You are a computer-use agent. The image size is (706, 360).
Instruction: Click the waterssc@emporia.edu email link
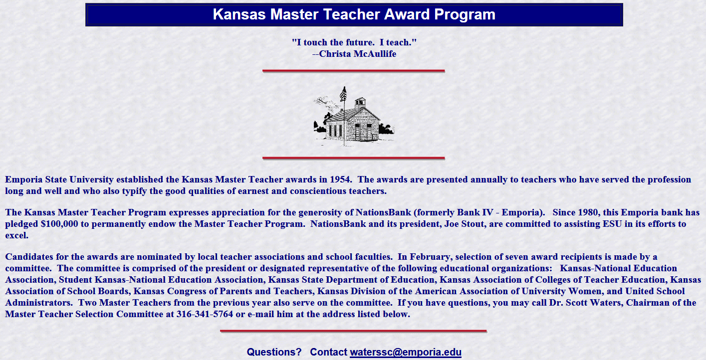click(x=405, y=352)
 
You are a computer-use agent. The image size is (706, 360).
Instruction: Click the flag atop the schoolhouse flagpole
click(x=343, y=94)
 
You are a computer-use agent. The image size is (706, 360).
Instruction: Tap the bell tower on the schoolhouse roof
click(x=360, y=103)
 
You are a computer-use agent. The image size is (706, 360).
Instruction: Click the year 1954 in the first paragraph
click(x=340, y=180)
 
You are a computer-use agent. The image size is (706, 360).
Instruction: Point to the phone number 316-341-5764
click(x=205, y=314)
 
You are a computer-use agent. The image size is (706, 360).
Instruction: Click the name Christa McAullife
click(x=357, y=54)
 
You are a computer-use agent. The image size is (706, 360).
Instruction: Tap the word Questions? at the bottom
click(x=274, y=352)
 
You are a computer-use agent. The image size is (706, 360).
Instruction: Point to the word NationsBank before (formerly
click(x=383, y=212)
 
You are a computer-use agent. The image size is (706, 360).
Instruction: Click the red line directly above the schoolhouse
click(x=354, y=71)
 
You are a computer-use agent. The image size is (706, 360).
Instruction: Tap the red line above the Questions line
click(x=353, y=331)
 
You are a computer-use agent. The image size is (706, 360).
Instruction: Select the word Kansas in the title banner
click(x=239, y=14)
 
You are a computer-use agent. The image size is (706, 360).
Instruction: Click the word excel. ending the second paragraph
click(x=16, y=235)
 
